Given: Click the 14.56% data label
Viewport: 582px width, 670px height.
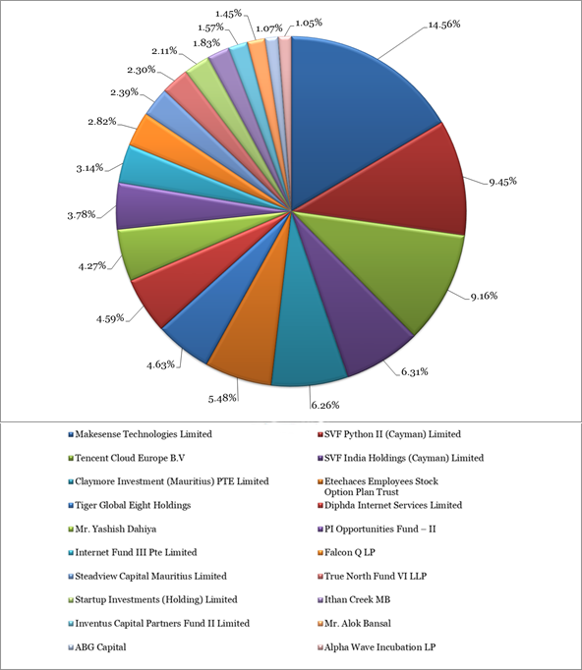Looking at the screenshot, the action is (444, 25).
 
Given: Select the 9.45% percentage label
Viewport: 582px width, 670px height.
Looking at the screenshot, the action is (503, 182).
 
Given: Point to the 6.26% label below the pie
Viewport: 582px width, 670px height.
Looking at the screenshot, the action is (325, 405).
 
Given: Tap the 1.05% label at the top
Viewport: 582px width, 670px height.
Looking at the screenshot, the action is (309, 23).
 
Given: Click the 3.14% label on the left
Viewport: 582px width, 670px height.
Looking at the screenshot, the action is (89, 168).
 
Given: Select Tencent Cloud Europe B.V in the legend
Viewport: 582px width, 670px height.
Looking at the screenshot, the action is (126, 458).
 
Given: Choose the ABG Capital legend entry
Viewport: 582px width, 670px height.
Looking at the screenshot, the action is (96, 647).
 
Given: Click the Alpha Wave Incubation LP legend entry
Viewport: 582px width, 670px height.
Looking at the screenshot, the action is (377, 647).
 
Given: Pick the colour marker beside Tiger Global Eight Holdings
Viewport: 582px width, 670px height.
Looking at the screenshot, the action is (71, 506).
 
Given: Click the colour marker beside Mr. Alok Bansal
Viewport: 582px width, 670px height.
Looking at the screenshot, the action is (320, 624).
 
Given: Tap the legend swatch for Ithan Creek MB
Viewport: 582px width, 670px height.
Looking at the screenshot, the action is (320, 600).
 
